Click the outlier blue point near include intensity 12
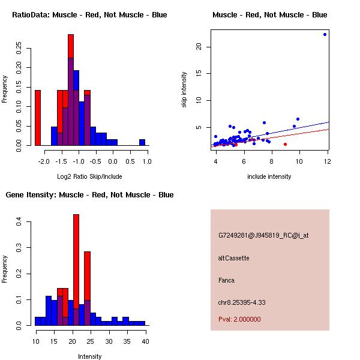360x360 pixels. pyautogui.click(x=325, y=34)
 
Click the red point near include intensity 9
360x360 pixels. pyautogui.click(x=285, y=144)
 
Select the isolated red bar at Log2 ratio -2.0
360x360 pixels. pyautogui.click(x=37, y=118)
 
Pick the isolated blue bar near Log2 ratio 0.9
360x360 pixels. pyautogui.click(x=142, y=142)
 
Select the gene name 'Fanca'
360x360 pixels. pyautogui.click(x=226, y=280)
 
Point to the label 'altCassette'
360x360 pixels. pyautogui.click(x=233, y=258)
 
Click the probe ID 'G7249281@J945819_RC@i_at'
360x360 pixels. pyautogui.click(x=263, y=235)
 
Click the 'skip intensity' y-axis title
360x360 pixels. pyautogui.click(x=184, y=90)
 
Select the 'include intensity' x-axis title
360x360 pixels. pyautogui.click(x=269, y=176)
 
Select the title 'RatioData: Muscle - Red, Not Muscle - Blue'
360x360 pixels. pyautogui.click(x=89, y=14)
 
